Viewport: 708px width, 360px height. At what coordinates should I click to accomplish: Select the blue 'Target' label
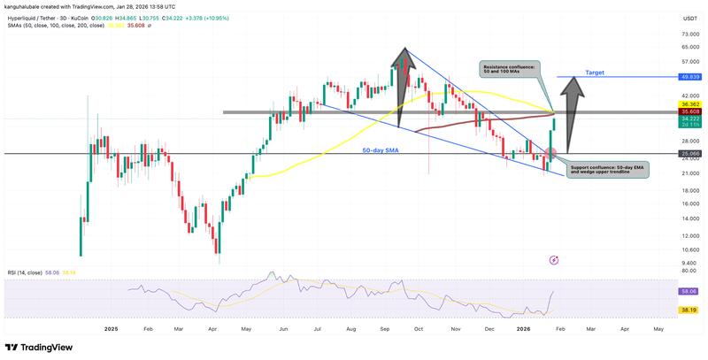595,73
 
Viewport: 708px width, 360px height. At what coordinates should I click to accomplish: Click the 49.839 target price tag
689,77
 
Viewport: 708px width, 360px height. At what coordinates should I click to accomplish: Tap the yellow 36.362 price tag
689,104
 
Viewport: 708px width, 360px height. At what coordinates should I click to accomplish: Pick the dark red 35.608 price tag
689,112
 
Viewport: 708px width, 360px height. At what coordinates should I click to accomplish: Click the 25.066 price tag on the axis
689,154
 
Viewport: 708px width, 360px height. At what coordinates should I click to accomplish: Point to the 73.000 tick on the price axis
688,34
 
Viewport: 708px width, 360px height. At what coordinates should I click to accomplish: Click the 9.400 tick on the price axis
688,264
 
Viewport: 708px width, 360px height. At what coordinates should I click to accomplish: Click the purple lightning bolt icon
554,260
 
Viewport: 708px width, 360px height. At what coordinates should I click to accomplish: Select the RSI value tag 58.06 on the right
689,291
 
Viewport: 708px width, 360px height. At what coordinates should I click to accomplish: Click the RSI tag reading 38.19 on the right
689,311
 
